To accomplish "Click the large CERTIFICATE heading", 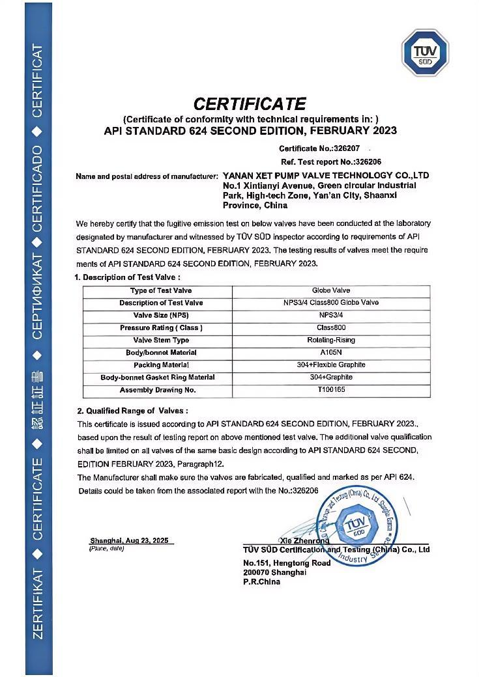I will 250,104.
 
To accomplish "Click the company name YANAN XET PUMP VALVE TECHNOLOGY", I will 326,176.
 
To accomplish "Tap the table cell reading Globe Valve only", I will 330,290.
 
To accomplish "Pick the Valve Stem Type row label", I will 161,340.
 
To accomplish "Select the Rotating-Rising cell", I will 330,340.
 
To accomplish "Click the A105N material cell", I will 330,352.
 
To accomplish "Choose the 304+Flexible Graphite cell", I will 330,365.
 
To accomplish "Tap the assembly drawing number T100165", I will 330,390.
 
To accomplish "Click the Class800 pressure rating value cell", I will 330,327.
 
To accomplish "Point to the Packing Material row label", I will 161,365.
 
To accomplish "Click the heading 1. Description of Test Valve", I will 126,277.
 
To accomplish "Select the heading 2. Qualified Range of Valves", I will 132,411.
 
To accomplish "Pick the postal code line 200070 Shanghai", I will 274,572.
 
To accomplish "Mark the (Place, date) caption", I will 106,549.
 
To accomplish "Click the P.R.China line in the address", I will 262,581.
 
